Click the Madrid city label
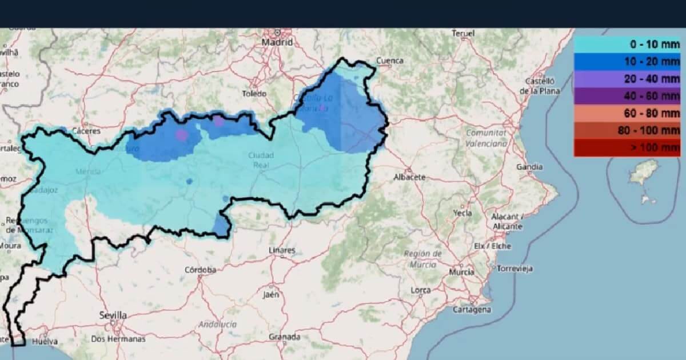tap(277, 42)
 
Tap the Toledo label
tap(254, 93)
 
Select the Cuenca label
tap(390, 61)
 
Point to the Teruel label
tap(463, 34)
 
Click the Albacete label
tap(409, 177)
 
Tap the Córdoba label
tap(200, 270)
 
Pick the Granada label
tap(284, 337)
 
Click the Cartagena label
tap(472, 309)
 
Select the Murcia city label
tap(461, 272)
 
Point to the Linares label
tap(282, 250)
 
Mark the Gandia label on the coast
tap(529, 167)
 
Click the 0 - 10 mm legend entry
tap(627, 45)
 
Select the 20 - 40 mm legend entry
tap(627, 79)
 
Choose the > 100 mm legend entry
tap(627, 148)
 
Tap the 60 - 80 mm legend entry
tap(627, 114)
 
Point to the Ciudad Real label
tap(261, 159)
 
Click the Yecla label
tap(462, 213)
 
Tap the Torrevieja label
tap(514, 268)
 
